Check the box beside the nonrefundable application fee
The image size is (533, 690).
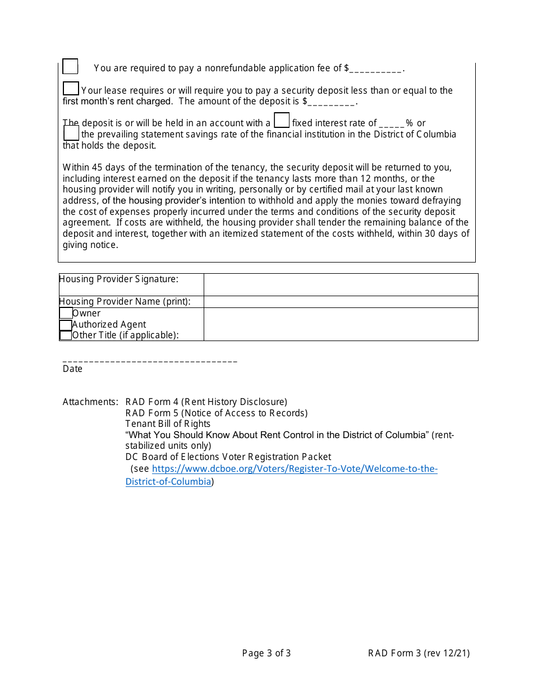[70, 66]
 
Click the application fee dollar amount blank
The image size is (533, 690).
[376, 69]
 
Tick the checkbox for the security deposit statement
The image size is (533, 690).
[71, 88]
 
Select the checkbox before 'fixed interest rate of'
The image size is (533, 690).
[282, 120]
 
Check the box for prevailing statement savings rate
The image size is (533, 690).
[71, 133]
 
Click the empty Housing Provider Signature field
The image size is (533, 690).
[341, 284]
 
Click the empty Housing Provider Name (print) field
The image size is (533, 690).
[341, 302]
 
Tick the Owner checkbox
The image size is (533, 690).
[66, 313]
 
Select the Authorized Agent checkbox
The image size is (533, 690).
[66, 325]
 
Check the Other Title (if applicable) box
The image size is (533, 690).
[66, 335]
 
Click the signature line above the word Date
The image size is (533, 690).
[150, 360]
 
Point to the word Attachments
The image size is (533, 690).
[90, 402]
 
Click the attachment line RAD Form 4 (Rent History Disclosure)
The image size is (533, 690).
[206, 402]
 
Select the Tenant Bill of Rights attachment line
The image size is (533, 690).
[168, 424]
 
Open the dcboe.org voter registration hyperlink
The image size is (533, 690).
[295, 468]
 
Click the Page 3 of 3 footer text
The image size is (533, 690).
[266, 653]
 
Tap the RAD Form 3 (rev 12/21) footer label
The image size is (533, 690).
[419, 653]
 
